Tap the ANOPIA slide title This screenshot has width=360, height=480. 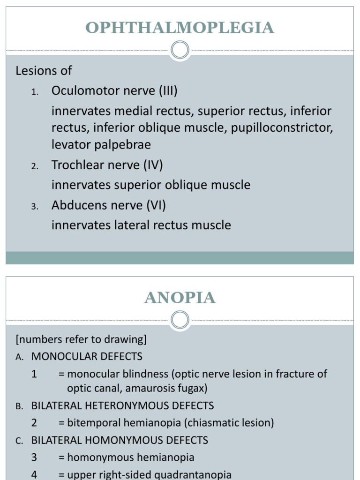coord(180,298)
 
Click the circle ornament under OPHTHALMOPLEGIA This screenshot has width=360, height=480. coord(180,50)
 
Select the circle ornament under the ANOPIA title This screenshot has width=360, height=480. coord(180,321)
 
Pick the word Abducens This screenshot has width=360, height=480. coord(75,205)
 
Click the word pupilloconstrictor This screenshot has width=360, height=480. coord(281,128)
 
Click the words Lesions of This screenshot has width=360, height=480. coord(44,71)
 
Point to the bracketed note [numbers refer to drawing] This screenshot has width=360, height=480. coord(81,339)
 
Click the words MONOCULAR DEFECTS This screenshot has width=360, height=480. coord(87,356)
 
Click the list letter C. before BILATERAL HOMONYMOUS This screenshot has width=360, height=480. coord(19,441)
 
